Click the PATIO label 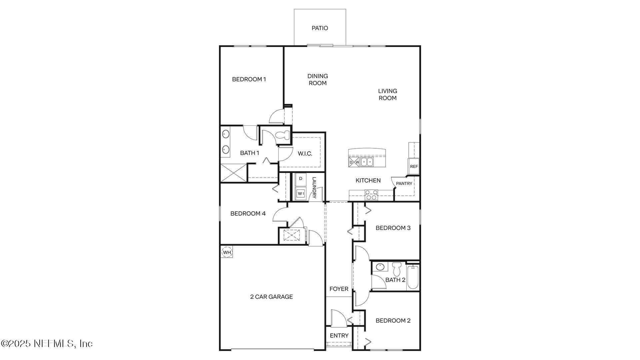pyautogui.click(x=320, y=28)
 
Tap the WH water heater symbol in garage pyautogui.click(x=227, y=252)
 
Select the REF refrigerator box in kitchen pyautogui.click(x=414, y=166)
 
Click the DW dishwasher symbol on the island pyautogui.click(x=354, y=162)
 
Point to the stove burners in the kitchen pyautogui.click(x=371, y=195)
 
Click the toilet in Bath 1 pyautogui.click(x=283, y=135)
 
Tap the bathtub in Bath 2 pyautogui.click(x=413, y=276)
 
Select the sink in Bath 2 pyautogui.click(x=380, y=267)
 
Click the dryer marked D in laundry pyautogui.click(x=301, y=179)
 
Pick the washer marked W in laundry pyautogui.click(x=301, y=193)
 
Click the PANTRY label pyautogui.click(x=404, y=184)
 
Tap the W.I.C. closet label pyautogui.click(x=305, y=154)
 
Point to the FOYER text pyautogui.click(x=339, y=289)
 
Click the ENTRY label pyautogui.click(x=339, y=336)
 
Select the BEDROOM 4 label pyautogui.click(x=248, y=214)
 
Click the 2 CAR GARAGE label pyautogui.click(x=271, y=297)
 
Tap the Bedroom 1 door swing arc pyautogui.click(x=275, y=117)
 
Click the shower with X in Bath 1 pyautogui.click(x=234, y=173)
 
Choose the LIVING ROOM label pyautogui.click(x=387, y=94)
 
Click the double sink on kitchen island pyautogui.click(x=367, y=162)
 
